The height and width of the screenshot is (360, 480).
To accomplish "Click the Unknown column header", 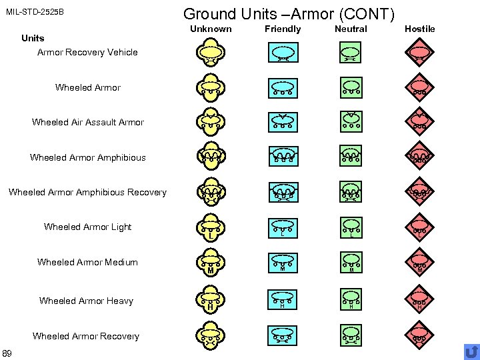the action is pyautogui.click(x=211, y=29).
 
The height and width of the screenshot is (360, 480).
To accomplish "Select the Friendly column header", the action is pyautogui.click(x=283, y=29).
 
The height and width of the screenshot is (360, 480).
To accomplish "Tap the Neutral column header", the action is pyautogui.click(x=351, y=29).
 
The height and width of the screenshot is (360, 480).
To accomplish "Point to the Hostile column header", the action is pyautogui.click(x=419, y=29).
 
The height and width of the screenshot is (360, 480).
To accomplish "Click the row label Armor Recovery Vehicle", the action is pyautogui.click(x=87, y=52).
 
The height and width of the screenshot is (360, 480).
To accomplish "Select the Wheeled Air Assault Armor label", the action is pyautogui.click(x=87, y=122).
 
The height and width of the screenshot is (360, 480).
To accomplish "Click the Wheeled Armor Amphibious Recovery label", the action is pyautogui.click(x=87, y=193).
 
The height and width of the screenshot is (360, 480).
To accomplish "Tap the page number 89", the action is pyautogui.click(x=7, y=352).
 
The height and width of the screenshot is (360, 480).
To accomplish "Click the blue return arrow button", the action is pyautogui.click(x=471, y=351).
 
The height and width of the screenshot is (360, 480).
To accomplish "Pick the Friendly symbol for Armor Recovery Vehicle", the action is pyautogui.click(x=283, y=53).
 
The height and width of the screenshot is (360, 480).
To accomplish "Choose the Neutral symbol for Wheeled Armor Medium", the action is pyautogui.click(x=351, y=261).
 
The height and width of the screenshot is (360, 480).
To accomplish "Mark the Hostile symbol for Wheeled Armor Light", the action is pyautogui.click(x=420, y=227).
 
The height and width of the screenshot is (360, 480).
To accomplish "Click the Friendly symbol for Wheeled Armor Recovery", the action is pyautogui.click(x=283, y=335).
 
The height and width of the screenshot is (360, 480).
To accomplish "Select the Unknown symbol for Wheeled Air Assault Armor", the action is pyautogui.click(x=210, y=121).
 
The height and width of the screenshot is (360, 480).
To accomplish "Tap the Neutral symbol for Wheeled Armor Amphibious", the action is pyautogui.click(x=351, y=157).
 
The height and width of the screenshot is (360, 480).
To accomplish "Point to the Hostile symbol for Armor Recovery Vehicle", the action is pyautogui.click(x=420, y=53).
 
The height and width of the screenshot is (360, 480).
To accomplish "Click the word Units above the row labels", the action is pyautogui.click(x=33, y=38).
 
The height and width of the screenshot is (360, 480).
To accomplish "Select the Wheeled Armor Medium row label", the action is pyautogui.click(x=87, y=262).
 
